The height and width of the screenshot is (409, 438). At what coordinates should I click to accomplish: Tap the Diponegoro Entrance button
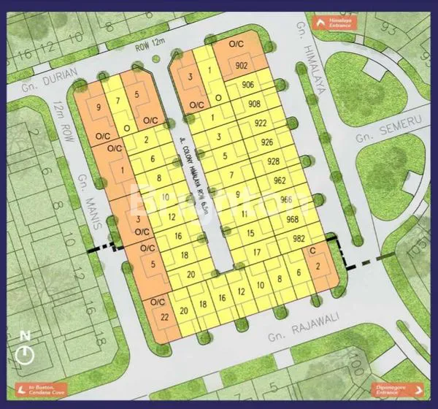point(400,389)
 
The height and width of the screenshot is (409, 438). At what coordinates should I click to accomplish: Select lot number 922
point(261,123)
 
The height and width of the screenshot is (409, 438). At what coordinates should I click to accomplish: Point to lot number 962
point(279,180)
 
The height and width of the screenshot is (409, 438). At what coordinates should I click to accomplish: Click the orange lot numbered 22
point(166,316)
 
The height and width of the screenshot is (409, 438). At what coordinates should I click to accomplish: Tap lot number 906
point(248,85)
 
